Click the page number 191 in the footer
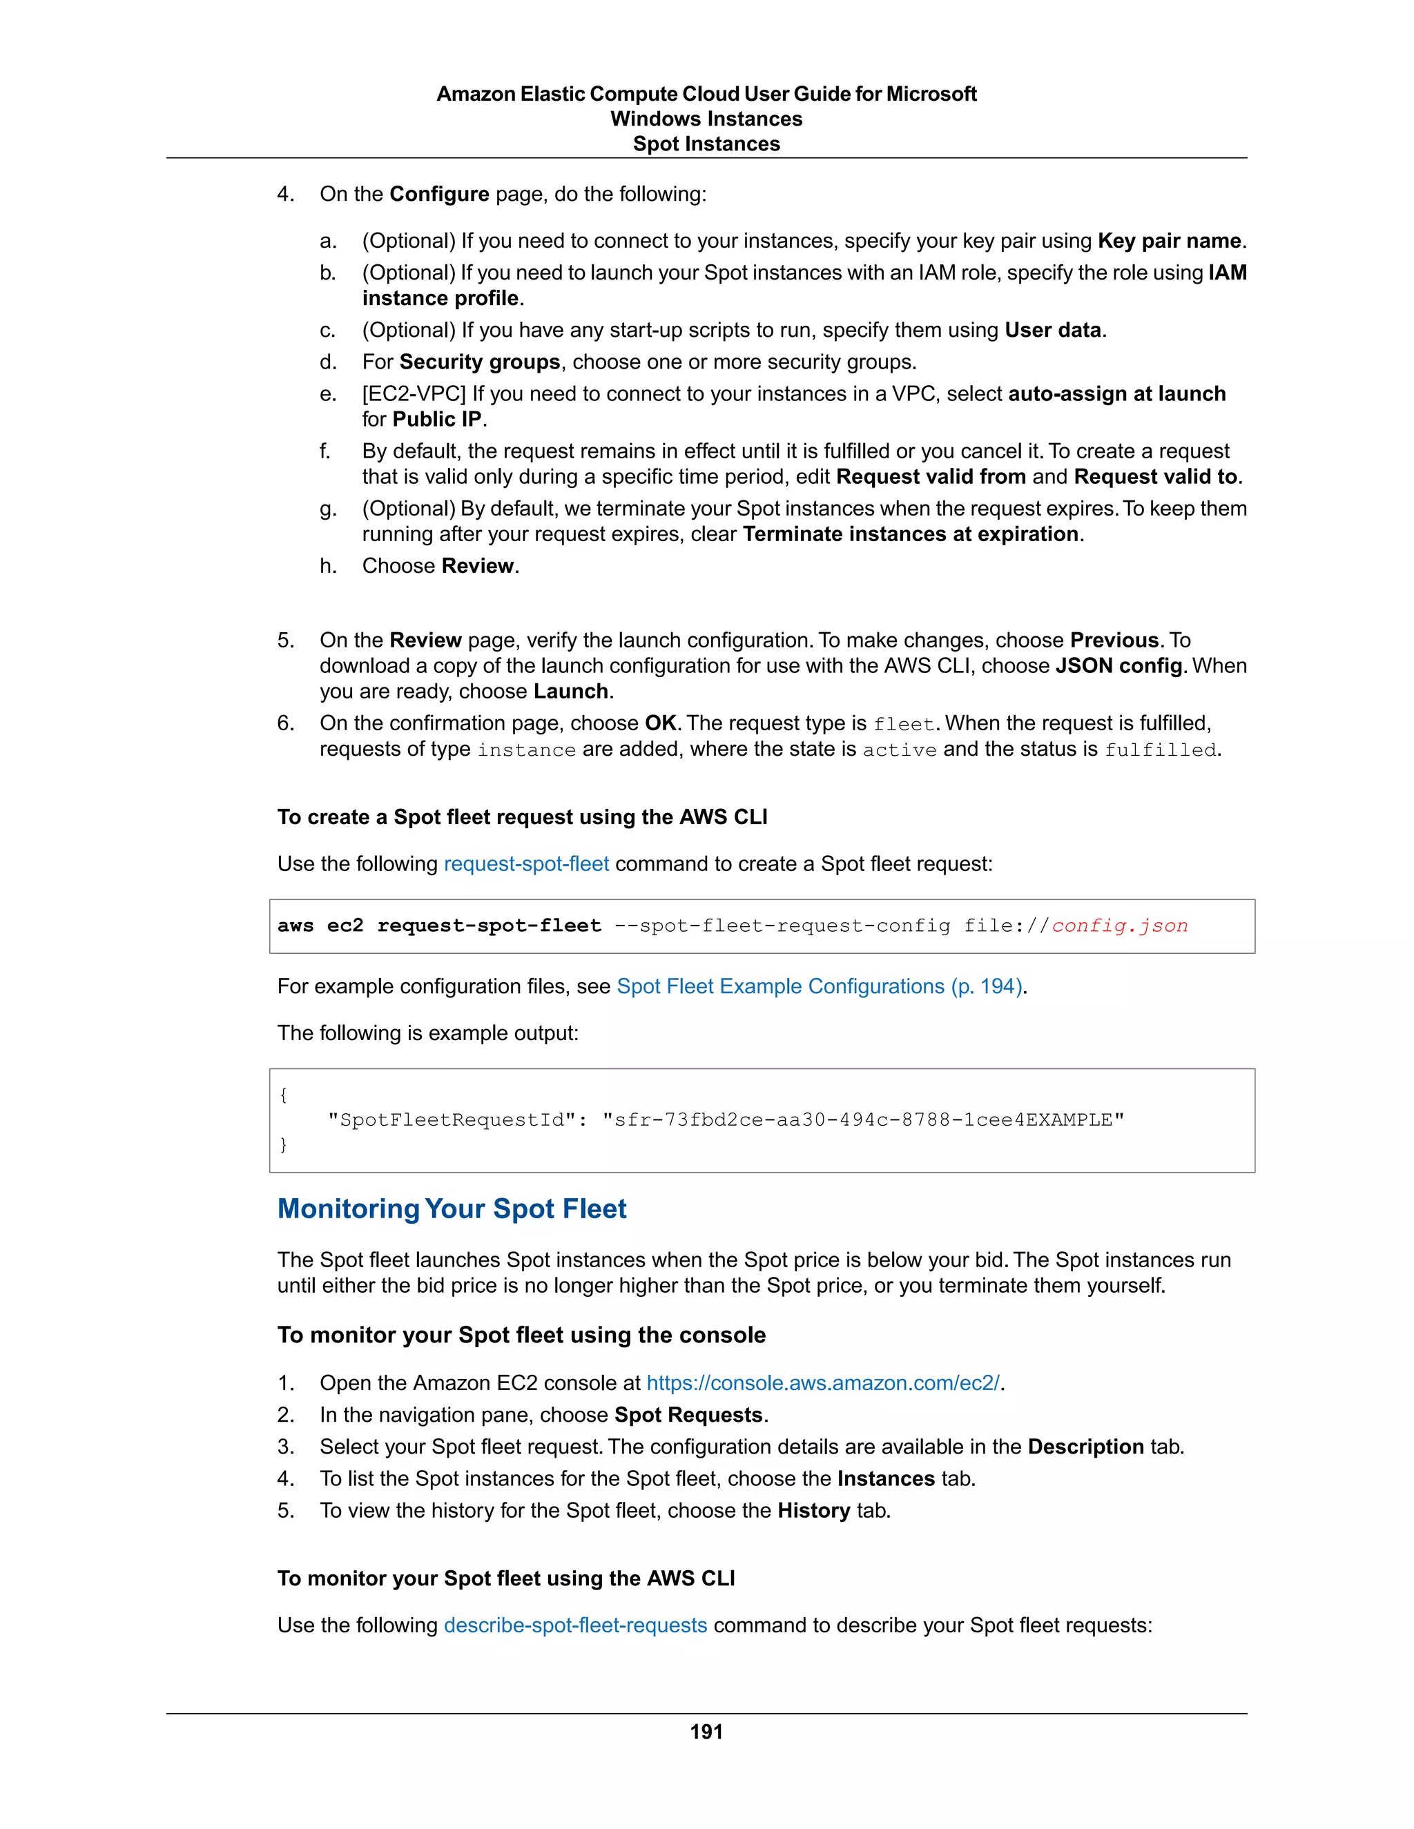click(706, 1731)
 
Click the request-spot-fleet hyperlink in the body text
click(526, 863)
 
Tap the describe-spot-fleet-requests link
click(576, 1625)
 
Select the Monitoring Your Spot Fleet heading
click(452, 1209)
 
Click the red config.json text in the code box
click(1119, 926)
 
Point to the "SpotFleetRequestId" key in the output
click(452, 1119)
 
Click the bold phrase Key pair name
click(1169, 241)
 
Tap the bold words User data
click(1053, 330)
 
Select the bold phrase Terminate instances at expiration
click(911, 534)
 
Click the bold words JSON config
click(1118, 666)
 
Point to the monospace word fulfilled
click(1160, 750)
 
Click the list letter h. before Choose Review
click(327, 566)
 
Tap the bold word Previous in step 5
click(1114, 640)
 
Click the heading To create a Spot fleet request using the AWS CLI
click(522, 816)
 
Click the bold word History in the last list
click(813, 1510)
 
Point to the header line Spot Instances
click(706, 144)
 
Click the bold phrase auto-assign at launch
click(1116, 393)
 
